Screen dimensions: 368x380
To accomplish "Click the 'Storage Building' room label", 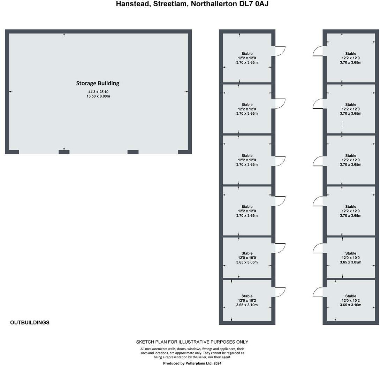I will click(x=98, y=83).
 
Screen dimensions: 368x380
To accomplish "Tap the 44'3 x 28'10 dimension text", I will click(x=98, y=92).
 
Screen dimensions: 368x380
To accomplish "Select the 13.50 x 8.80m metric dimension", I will click(x=98, y=96).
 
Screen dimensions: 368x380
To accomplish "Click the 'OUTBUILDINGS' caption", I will click(x=30, y=323).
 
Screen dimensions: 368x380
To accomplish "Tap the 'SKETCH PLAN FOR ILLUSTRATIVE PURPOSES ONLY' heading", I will click(x=192, y=342).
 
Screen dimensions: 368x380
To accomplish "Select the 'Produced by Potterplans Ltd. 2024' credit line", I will click(x=192, y=363).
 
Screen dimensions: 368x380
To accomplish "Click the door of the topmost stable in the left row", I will click(x=280, y=51).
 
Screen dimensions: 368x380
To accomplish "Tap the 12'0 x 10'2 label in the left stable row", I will click(x=247, y=300).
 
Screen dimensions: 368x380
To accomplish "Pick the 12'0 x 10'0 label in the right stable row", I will click(x=350, y=258).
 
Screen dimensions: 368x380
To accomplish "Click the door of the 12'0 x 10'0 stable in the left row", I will click(x=280, y=248).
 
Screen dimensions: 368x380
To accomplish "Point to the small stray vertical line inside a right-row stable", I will click(x=343, y=124).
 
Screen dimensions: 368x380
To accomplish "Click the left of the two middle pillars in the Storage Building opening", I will click(x=64, y=152).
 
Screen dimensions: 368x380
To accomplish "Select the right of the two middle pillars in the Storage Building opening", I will click(x=133, y=152).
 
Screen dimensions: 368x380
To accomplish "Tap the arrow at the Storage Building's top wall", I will click(x=64, y=35).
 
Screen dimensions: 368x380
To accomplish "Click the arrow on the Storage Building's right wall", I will click(x=187, y=92).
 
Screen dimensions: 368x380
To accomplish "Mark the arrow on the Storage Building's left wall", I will click(x=10, y=92).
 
